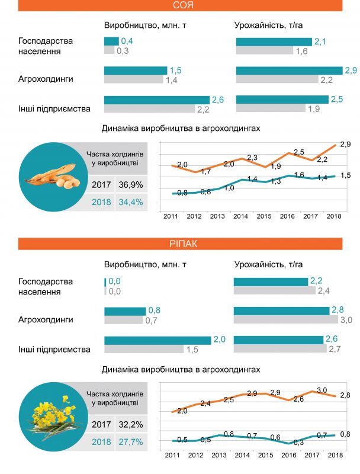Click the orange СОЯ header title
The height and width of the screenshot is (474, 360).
[180, 6]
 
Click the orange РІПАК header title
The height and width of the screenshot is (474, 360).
[180, 244]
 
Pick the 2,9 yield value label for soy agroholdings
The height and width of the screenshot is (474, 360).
[351, 71]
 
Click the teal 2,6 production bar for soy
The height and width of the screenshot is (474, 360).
[156, 100]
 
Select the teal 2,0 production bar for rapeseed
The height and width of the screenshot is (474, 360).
[157, 340]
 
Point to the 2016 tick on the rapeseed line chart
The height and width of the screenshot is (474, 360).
[287, 454]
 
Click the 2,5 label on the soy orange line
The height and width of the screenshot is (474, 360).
[298, 152]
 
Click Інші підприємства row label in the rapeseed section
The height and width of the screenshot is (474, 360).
[54, 350]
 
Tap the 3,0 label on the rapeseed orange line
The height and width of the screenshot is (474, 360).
[322, 389]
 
